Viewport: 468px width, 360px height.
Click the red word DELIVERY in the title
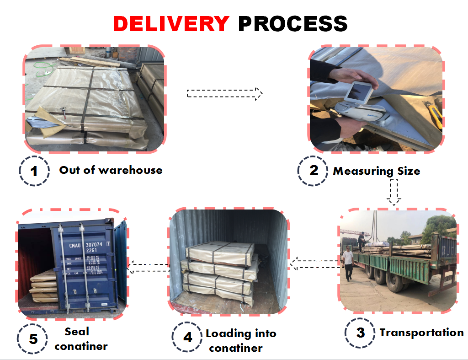click(171, 23)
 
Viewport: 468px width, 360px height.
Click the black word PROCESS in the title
click(293, 23)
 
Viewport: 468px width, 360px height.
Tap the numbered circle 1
click(34, 172)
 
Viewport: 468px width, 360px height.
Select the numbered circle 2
click(313, 171)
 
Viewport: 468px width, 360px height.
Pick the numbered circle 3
click(360, 333)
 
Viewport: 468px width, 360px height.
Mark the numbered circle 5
click(33, 339)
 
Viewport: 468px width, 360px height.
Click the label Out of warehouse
click(111, 170)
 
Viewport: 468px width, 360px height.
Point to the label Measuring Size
click(376, 171)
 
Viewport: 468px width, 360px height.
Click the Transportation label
click(421, 333)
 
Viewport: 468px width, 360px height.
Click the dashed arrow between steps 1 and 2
click(224, 93)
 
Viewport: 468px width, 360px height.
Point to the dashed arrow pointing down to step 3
click(394, 192)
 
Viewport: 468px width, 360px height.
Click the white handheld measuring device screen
click(359, 92)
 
